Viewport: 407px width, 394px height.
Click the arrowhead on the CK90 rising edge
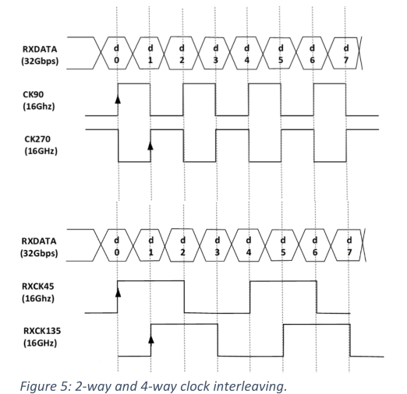118,99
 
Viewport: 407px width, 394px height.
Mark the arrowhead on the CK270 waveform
150,146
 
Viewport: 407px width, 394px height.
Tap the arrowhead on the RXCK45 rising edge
118,292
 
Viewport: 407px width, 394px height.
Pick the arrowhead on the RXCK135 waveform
151,339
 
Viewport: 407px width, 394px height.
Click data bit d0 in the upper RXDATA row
117,54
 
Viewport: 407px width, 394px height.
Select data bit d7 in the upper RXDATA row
346,54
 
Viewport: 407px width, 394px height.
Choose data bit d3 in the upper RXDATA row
215,54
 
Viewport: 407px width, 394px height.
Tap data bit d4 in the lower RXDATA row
249,246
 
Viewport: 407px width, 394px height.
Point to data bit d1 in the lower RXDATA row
150,246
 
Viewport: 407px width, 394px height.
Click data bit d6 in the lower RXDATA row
315,246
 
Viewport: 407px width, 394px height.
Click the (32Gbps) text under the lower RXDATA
39,253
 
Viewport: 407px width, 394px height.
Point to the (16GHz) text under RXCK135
40,343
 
